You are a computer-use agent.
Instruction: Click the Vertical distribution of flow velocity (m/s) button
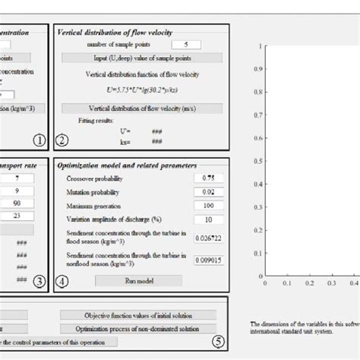(140, 108)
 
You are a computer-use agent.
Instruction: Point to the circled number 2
(63, 139)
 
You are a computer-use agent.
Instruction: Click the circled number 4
(63, 279)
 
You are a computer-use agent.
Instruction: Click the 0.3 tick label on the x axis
(332, 284)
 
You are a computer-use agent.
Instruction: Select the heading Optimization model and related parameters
(126, 164)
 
